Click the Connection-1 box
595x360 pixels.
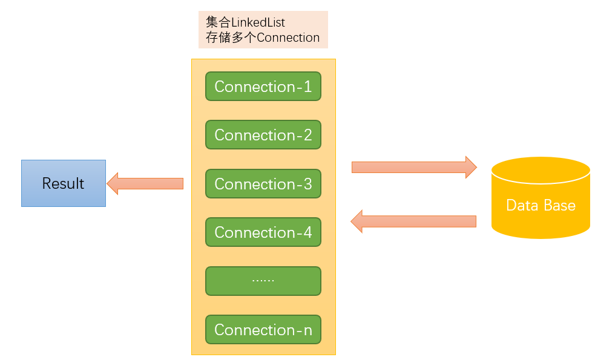(x=263, y=87)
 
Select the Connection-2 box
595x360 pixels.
(x=263, y=135)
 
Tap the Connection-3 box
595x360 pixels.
(x=263, y=183)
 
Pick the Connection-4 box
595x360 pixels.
(x=263, y=232)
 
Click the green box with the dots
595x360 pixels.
(x=263, y=281)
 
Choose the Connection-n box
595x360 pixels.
(x=263, y=330)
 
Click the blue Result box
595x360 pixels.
(x=64, y=183)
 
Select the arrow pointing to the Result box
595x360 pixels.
(x=145, y=183)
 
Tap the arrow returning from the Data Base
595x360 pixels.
(x=414, y=221)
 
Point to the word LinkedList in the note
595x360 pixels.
(x=258, y=22)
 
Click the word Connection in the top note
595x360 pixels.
(x=289, y=38)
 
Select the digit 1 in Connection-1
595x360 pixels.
(x=307, y=87)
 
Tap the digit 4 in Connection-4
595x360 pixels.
(x=307, y=232)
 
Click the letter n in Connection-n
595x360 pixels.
(x=307, y=330)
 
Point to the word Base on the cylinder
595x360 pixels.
(x=559, y=205)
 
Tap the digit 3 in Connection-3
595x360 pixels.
(x=307, y=184)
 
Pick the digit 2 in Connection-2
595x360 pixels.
(x=307, y=136)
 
